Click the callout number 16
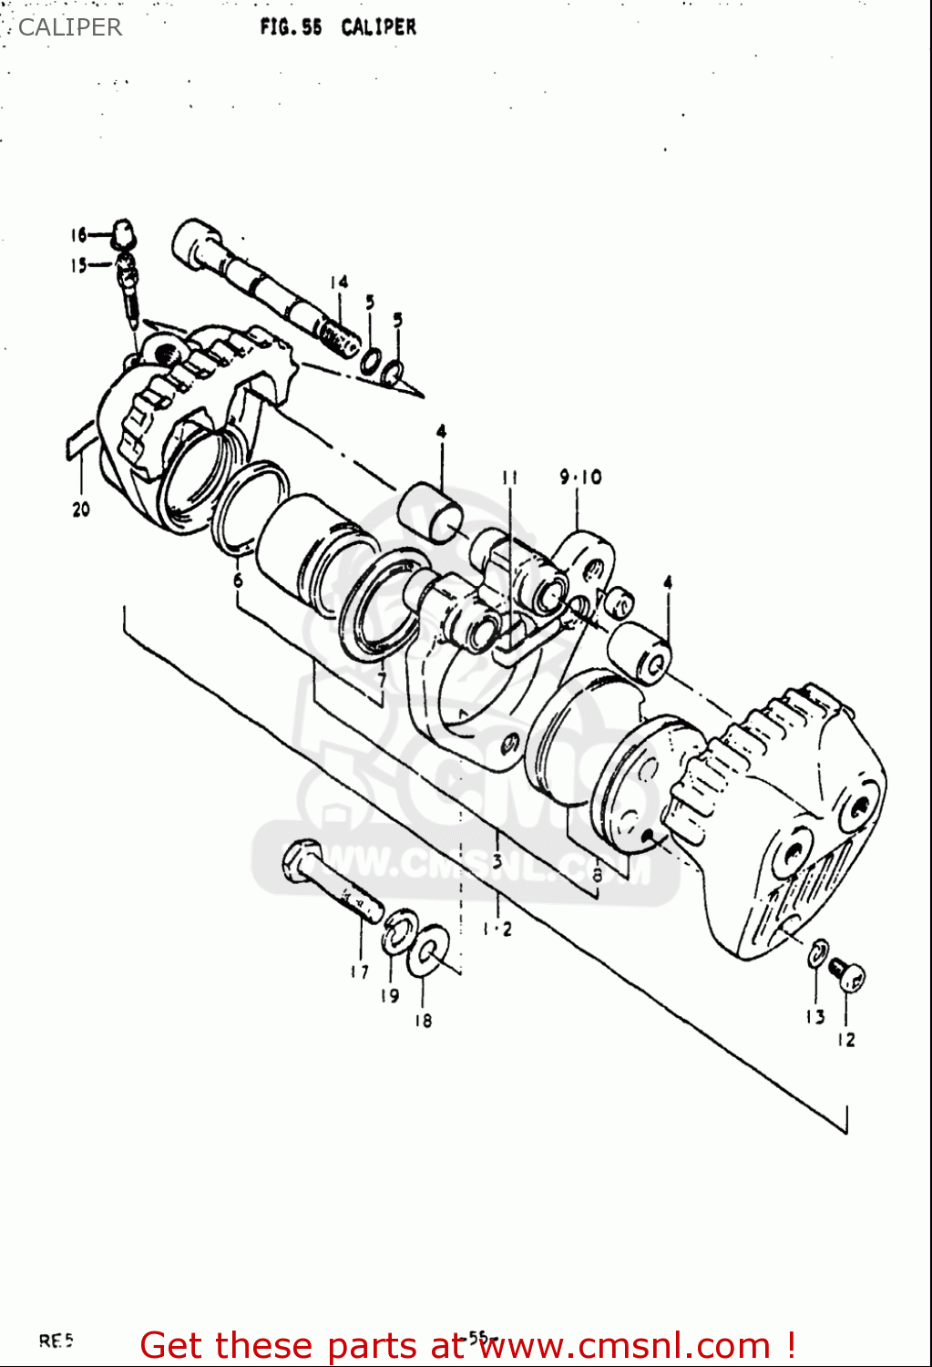click(x=78, y=235)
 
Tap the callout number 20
click(x=81, y=509)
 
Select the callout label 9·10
click(x=580, y=477)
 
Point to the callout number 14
click(x=339, y=283)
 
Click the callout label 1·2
click(x=497, y=929)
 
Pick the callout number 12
click(x=846, y=1039)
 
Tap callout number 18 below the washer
click(x=423, y=1021)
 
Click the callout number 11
click(x=509, y=477)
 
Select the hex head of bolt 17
click(x=301, y=861)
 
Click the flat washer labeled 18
click(x=429, y=950)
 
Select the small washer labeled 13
click(x=817, y=953)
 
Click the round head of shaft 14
click(x=193, y=242)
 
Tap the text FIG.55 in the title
click(x=291, y=27)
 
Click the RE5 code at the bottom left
click(x=56, y=1341)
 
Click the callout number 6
click(x=238, y=580)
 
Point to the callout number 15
click(x=78, y=265)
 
